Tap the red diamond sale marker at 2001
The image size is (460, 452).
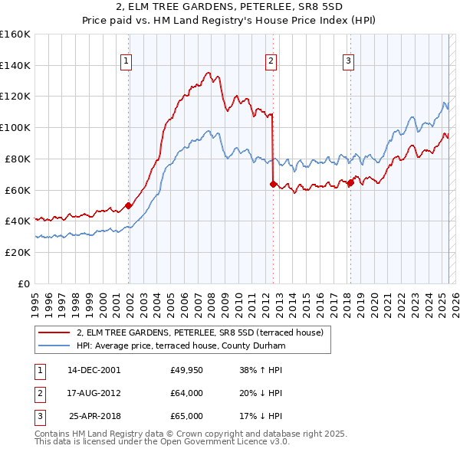click(x=129, y=205)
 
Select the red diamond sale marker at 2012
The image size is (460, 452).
click(x=273, y=184)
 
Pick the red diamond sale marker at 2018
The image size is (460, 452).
click(x=350, y=182)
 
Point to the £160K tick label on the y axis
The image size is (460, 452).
click(x=15, y=34)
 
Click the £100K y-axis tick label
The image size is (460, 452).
click(x=15, y=127)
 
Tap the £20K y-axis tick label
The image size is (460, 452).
click(x=18, y=252)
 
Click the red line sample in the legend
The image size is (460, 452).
click(x=54, y=332)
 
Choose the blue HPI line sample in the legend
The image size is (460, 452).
click(x=54, y=346)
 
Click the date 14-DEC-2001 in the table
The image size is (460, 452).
click(x=94, y=370)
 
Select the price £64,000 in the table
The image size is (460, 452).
click(x=187, y=393)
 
